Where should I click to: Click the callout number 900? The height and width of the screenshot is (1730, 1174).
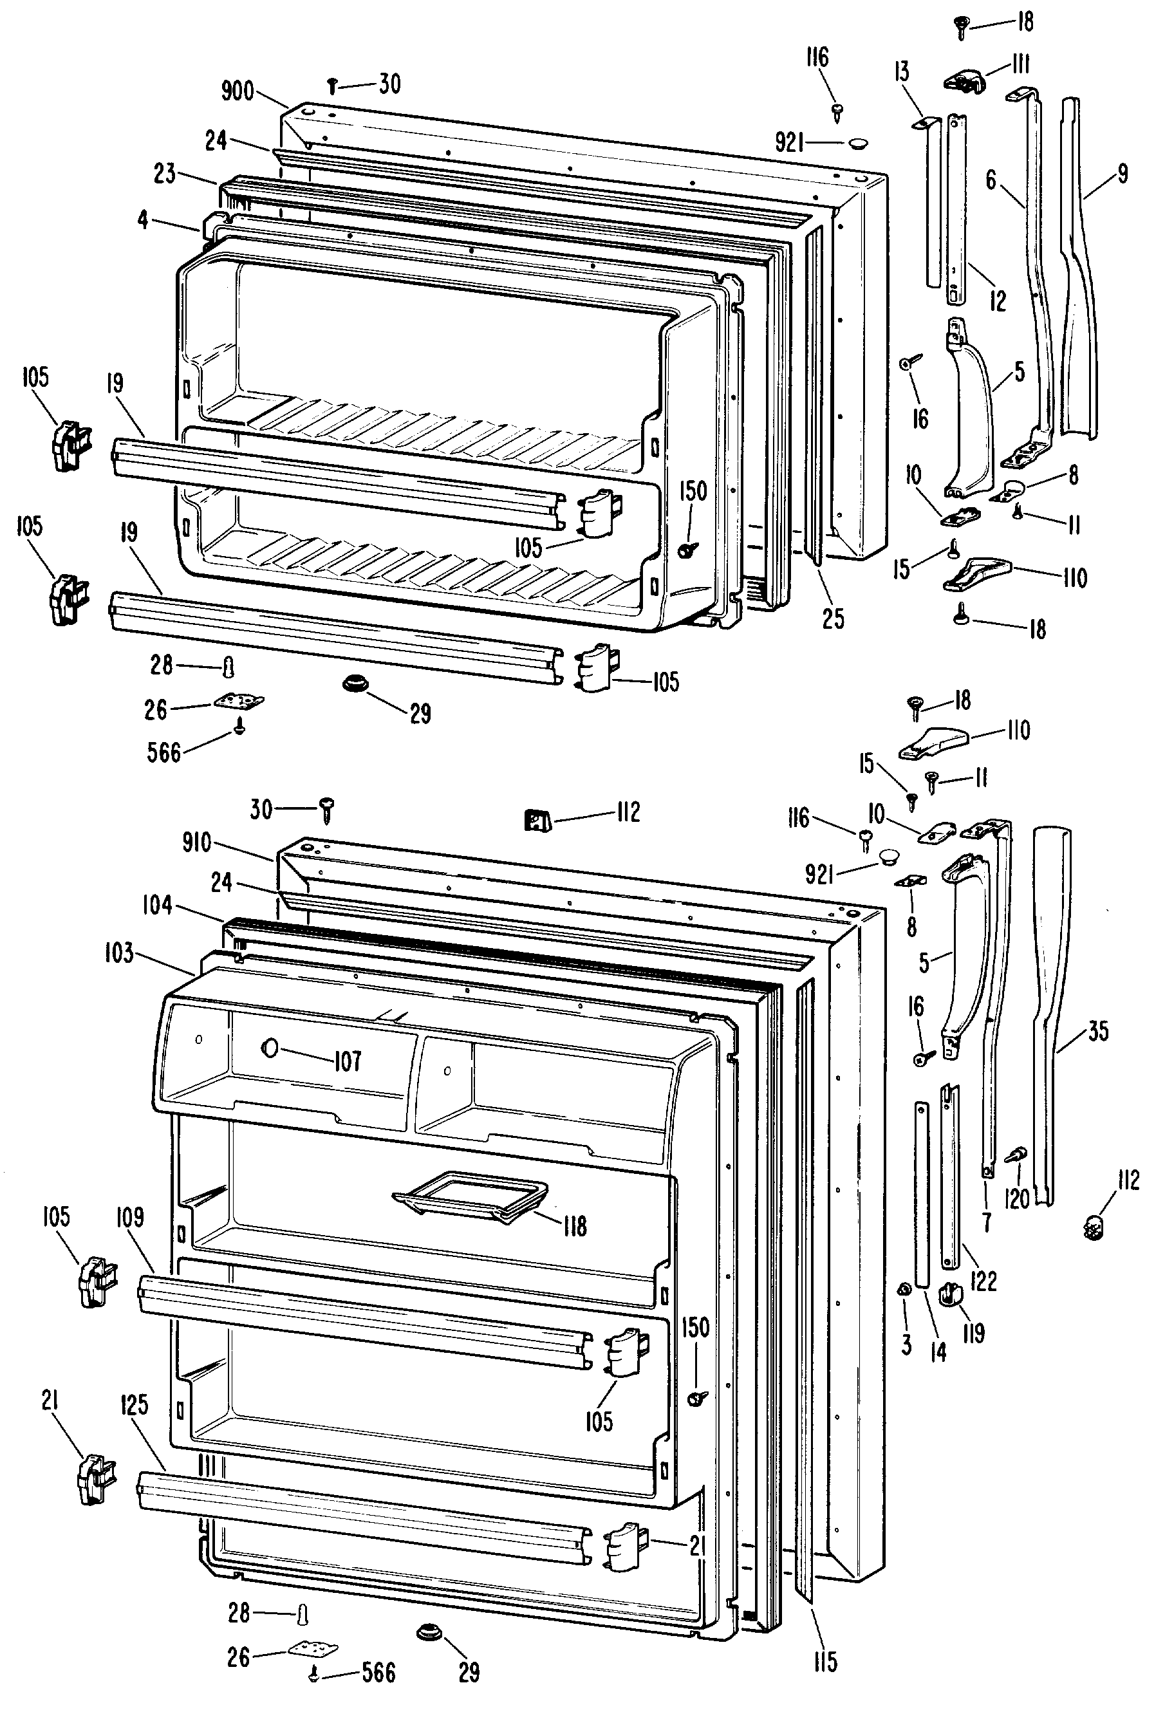point(238,92)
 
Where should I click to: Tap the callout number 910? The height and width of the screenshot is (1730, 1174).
point(196,843)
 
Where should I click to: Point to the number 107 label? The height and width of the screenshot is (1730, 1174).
point(347,1060)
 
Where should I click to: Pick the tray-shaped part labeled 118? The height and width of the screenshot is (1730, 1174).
point(471,1198)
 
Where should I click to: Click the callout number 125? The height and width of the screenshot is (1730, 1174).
point(134,1405)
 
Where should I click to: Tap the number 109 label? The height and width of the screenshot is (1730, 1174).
point(129,1217)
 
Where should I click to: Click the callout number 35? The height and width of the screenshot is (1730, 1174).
point(1098,1031)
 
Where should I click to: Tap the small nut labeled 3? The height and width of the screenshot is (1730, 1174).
point(904,1290)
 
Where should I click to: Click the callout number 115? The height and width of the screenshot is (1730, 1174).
point(825,1662)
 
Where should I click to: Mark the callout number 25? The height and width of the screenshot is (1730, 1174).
point(833,618)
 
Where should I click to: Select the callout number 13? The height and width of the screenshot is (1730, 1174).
point(902,71)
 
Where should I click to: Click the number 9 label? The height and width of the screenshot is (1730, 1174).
point(1123,173)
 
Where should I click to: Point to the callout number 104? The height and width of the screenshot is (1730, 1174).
point(157,905)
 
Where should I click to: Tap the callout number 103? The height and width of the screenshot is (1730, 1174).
point(118,952)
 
